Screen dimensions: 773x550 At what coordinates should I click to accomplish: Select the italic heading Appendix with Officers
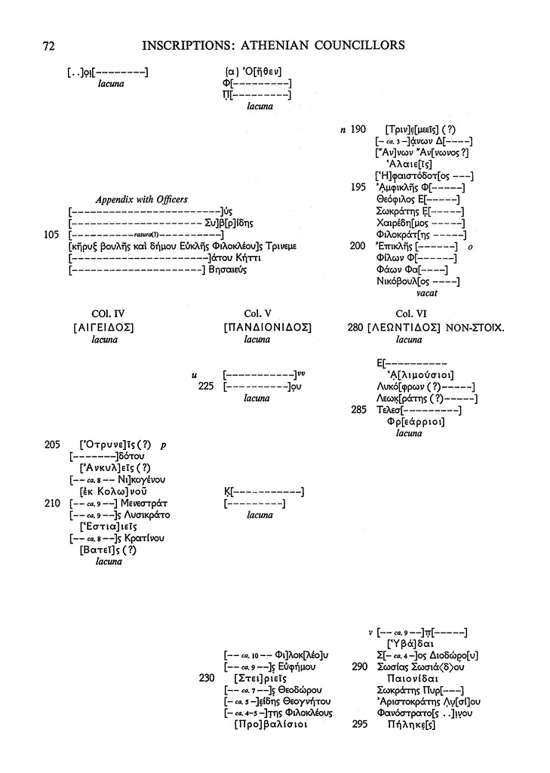point(141,200)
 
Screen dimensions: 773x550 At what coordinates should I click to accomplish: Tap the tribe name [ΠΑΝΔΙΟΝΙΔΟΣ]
point(268,328)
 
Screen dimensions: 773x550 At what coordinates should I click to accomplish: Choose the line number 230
point(207,678)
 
